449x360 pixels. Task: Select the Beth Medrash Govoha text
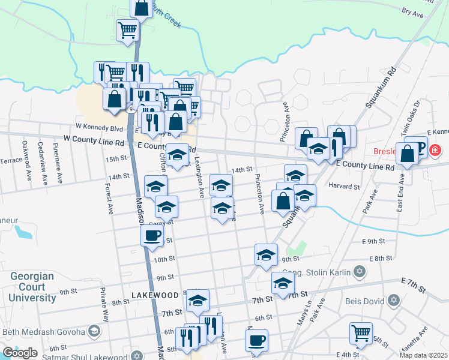43,331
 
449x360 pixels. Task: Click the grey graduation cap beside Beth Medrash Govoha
94,331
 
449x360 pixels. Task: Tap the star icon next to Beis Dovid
394,299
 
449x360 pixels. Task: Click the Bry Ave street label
412,11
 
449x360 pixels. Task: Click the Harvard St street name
344,186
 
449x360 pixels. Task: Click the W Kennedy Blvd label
99,127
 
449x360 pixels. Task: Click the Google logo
20,353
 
